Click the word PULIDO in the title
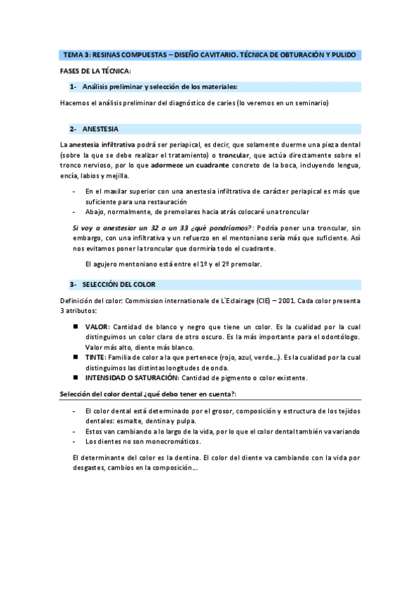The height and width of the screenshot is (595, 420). pyautogui.click(x=344, y=54)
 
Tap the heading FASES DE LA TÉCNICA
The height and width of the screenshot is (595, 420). pyautogui.click(x=96, y=71)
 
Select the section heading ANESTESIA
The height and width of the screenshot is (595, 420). pyautogui.click(x=100, y=129)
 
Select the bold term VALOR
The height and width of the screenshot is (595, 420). pyautogui.click(x=97, y=327)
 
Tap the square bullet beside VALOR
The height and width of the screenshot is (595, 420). pyautogui.click(x=75, y=327)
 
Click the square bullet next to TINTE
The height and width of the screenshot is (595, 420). pyautogui.click(x=75, y=357)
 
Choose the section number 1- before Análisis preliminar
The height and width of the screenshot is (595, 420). pyautogui.click(x=73, y=87)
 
